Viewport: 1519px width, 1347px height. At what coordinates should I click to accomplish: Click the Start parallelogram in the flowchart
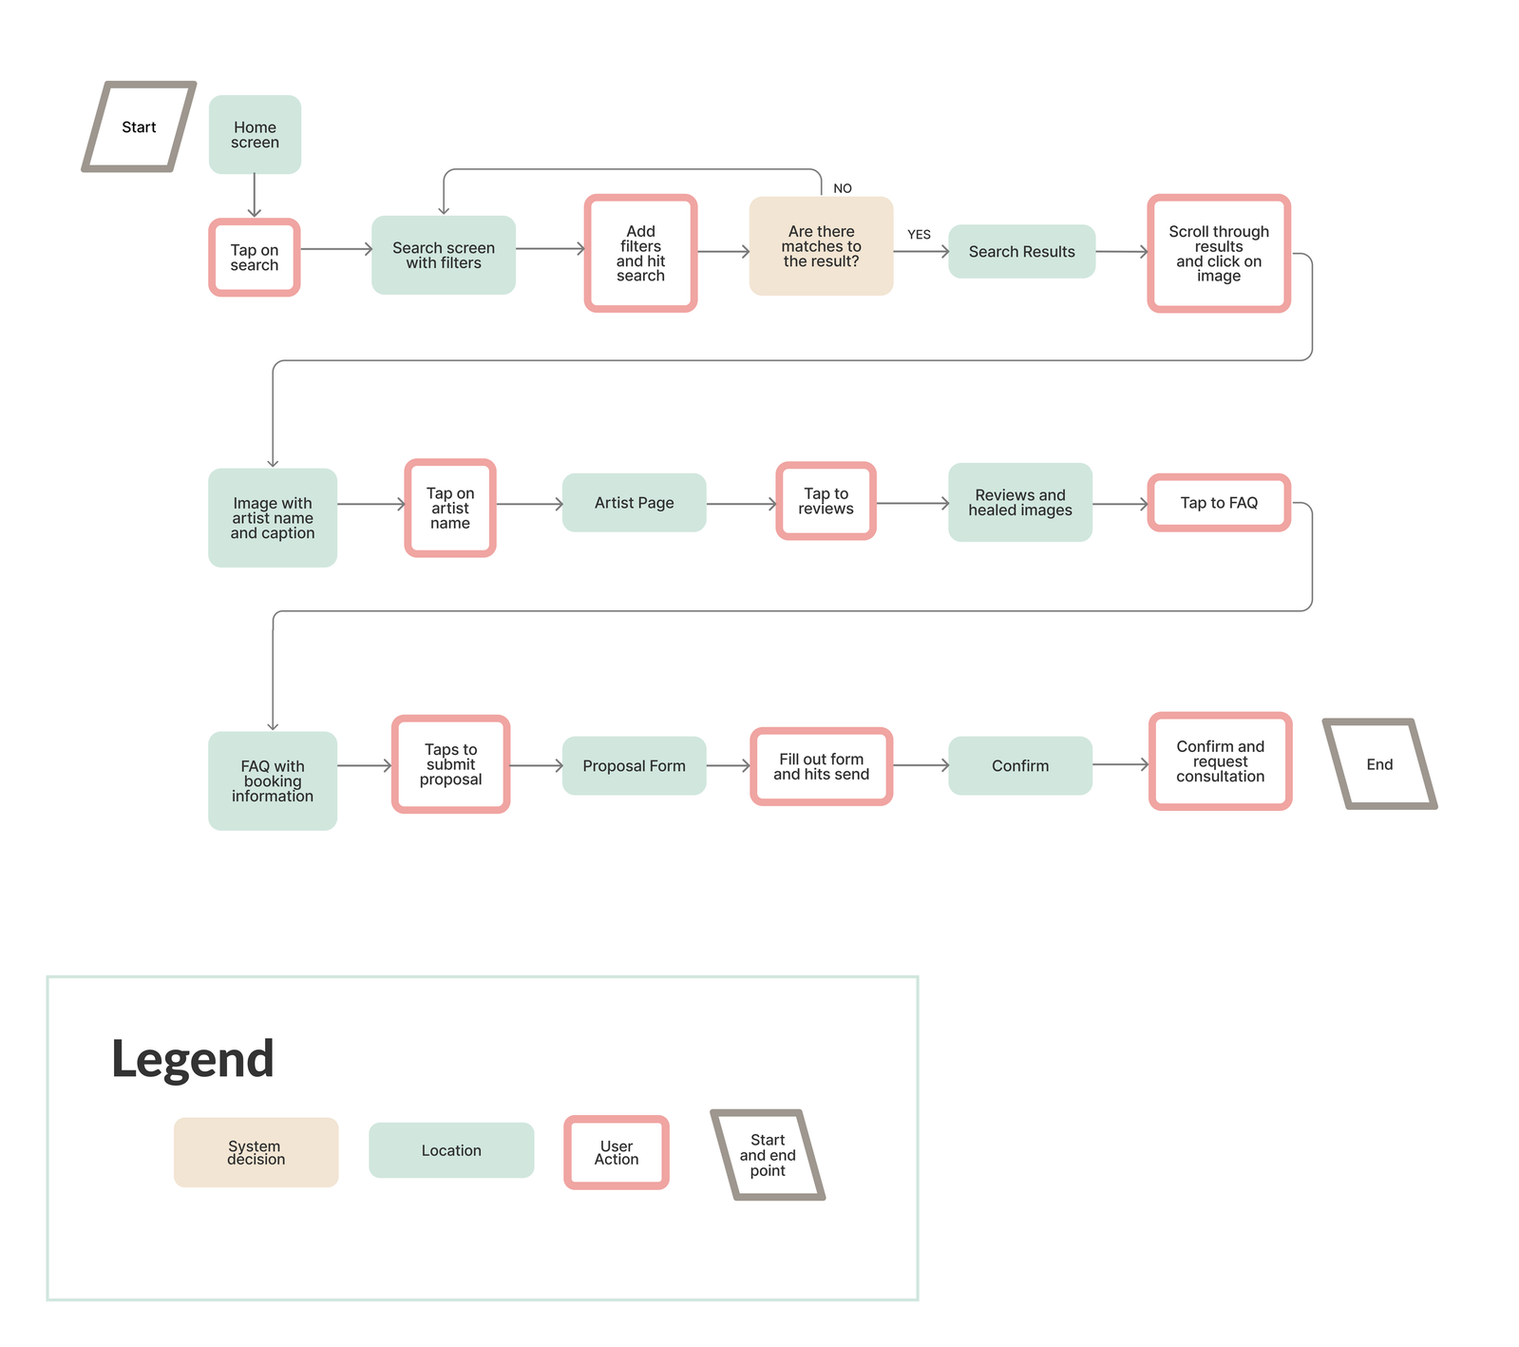click(139, 126)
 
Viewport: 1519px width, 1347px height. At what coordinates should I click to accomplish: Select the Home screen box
click(255, 134)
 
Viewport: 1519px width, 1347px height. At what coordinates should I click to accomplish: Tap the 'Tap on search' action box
click(255, 258)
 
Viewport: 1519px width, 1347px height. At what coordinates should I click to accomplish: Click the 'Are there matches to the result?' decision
click(821, 246)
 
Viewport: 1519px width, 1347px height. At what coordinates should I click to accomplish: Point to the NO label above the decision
click(843, 188)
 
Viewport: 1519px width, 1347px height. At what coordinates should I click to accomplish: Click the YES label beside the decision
click(919, 234)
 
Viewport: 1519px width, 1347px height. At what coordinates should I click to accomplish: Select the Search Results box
click(1021, 251)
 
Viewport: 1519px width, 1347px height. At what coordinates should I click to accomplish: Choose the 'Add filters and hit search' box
click(641, 253)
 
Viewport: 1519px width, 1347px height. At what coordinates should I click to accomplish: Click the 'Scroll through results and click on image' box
click(1219, 253)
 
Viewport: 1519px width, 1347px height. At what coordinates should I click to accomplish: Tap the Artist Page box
click(634, 503)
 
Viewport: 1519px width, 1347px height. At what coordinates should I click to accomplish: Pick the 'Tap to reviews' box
click(826, 501)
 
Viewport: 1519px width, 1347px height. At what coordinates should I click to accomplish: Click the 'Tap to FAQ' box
click(1219, 503)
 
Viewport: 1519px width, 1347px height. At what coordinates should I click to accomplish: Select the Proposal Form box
click(634, 765)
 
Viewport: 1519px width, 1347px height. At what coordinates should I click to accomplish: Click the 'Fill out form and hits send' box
click(821, 766)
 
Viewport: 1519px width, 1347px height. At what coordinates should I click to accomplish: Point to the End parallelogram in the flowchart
click(1379, 764)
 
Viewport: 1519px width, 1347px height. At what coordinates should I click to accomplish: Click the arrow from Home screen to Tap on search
click(255, 196)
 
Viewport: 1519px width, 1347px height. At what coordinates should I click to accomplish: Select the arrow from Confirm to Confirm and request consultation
click(1120, 764)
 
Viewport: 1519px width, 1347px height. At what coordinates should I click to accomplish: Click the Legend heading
click(193, 1059)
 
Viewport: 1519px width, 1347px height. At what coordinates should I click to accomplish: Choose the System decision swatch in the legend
click(256, 1152)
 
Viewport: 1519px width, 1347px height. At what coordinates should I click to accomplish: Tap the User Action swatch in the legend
click(617, 1152)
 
